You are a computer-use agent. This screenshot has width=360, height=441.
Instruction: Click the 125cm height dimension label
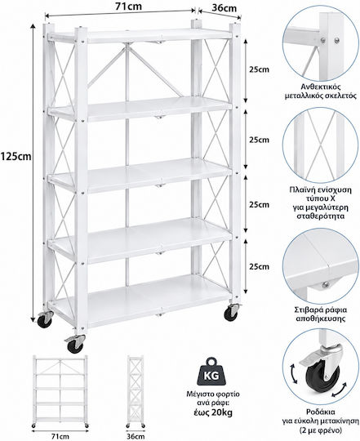coord(16,156)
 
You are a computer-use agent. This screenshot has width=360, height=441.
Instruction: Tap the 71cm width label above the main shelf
coord(128,7)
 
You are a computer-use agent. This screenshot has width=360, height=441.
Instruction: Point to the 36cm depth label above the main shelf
coord(224,8)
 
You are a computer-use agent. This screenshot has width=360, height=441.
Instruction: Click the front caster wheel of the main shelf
coord(75,344)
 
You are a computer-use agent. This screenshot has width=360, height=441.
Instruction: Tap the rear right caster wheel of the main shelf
coord(231,312)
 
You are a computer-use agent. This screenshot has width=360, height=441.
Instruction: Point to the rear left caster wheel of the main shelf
coord(45,319)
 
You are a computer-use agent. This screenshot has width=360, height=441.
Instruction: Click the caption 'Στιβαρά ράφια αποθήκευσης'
coord(321,314)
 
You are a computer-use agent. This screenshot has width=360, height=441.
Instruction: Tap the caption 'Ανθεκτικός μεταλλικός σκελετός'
coord(321,91)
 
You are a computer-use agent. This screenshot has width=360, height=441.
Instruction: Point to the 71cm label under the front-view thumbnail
coord(60,436)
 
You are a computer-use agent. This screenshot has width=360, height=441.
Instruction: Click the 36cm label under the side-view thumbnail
coord(136,436)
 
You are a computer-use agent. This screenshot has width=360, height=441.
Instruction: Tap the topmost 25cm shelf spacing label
coord(259,69)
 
